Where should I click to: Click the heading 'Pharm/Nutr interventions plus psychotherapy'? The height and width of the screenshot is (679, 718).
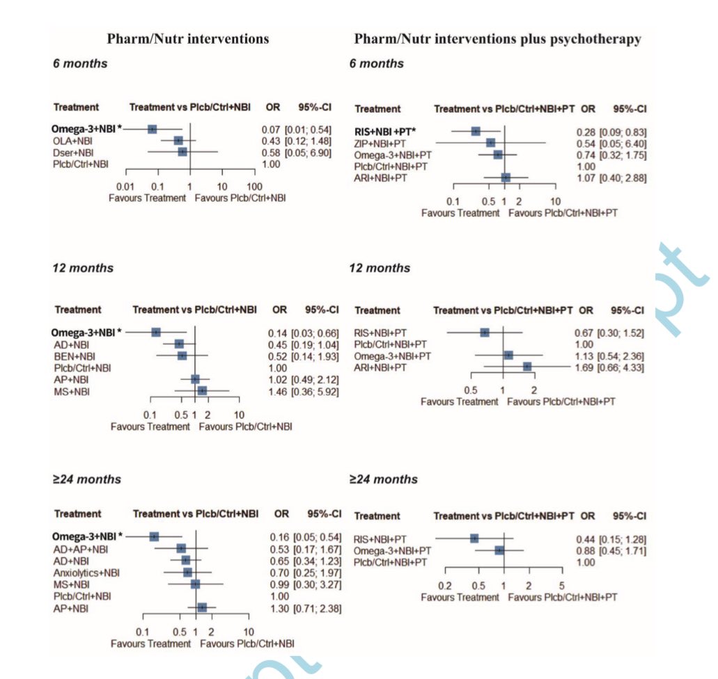pos(497,39)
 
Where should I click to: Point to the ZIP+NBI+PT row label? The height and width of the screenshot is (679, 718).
pos(382,143)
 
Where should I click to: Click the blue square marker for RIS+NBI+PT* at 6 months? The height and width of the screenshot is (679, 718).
pos(476,131)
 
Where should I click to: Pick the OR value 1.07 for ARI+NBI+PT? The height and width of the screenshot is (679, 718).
pos(586,178)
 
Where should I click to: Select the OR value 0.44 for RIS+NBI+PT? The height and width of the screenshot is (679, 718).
pos(586,538)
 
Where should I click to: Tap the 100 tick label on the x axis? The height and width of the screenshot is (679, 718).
pos(254,186)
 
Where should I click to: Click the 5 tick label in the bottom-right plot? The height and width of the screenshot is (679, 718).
pos(561,585)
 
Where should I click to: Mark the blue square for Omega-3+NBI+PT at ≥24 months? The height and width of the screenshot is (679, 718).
pos(499,550)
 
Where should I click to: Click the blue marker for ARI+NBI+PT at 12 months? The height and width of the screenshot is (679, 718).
pos(527,367)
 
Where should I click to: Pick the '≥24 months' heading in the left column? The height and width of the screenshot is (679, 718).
pos(87,479)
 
